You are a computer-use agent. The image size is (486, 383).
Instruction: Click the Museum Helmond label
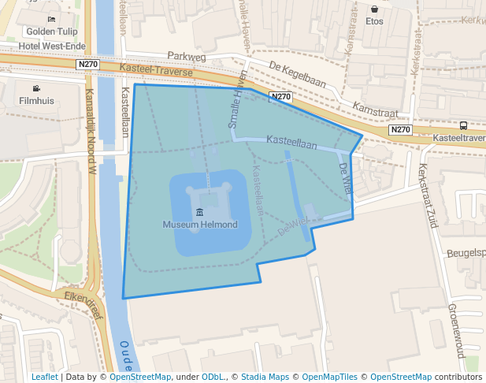pyautogui.click(x=199, y=225)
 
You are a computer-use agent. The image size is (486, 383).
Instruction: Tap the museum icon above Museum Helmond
pyautogui.click(x=199, y=212)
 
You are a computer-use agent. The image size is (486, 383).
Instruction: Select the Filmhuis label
pyautogui.click(x=36, y=101)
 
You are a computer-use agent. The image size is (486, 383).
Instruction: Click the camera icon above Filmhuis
pyautogui.click(x=36, y=88)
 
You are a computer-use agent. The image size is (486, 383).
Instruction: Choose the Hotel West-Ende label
pyautogui.click(x=51, y=46)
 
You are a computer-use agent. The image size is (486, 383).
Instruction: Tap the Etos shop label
pyautogui.click(x=374, y=21)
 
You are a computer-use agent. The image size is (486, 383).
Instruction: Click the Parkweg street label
pyautogui.click(x=186, y=57)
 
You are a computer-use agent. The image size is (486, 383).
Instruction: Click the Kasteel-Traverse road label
pyautogui.click(x=156, y=70)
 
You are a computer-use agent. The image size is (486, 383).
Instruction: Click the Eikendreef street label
pyautogui.click(x=83, y=298)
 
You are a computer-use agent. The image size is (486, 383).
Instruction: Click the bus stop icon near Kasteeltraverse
pyautogui.click(x=463, y=125)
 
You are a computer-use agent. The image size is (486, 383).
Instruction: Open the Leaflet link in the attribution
pyautogui.click(x=44, y=377)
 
